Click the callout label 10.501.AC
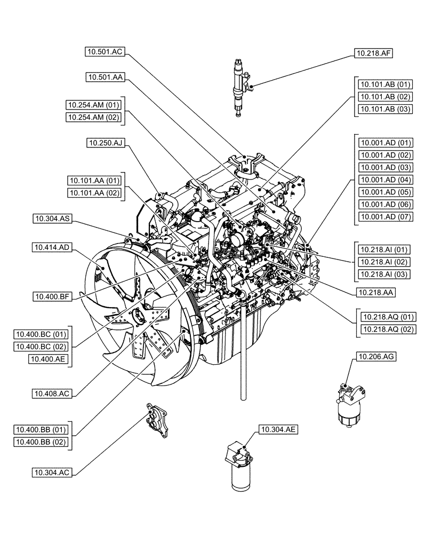[x=105, y=51]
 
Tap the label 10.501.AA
[x=105, y=77]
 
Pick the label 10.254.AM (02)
[x=94, y=117]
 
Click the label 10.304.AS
[x=51, y=218]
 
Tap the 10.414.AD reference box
[x=51, y=247]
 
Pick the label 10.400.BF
[x=51, y=295]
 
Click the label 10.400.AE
[x=45, y=360]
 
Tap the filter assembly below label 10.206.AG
[x=350, y=406]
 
